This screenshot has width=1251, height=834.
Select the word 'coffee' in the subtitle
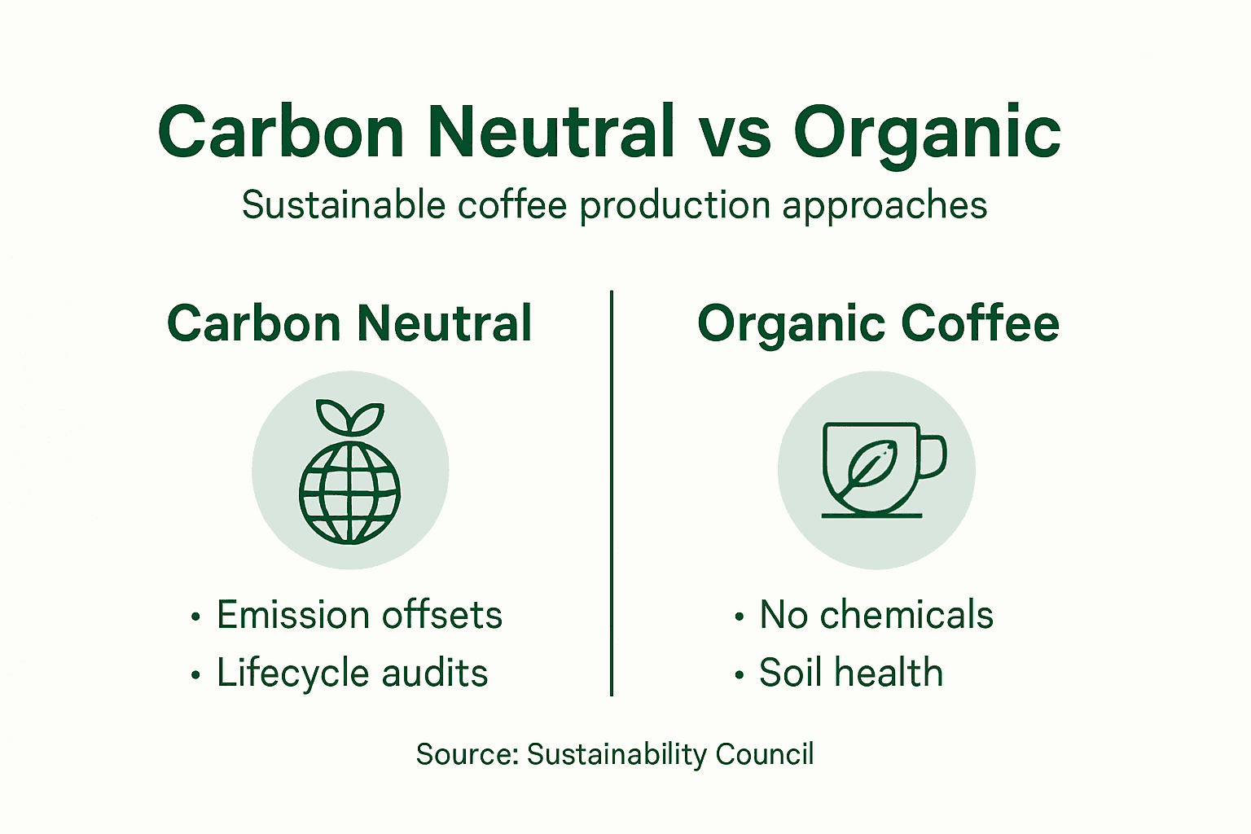[511, 205]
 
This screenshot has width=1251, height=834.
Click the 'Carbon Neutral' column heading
[349, 323]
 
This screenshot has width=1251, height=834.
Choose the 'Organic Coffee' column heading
[878, 324]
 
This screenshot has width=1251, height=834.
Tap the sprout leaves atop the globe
[349, 417]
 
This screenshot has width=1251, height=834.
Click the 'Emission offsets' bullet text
[359, 615]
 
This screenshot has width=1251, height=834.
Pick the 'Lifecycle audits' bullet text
[352, 674]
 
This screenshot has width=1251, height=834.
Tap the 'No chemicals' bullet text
[876, 615]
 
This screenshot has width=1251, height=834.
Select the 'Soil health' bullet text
[851, 674]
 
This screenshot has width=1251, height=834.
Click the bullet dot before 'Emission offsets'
[195, 617]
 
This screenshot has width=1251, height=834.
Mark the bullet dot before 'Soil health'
[739, 675]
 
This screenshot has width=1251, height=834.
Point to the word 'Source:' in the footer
[467, 754]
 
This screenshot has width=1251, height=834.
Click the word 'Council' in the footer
[764, 754]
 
